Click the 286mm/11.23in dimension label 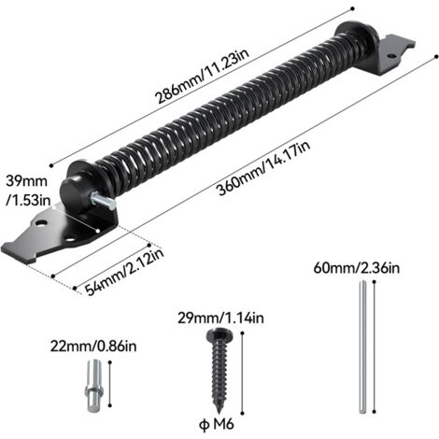(202, 76)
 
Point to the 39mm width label (27, 191)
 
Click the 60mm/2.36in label (357, 268)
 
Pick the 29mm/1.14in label (220, 318)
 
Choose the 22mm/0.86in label (93, 347)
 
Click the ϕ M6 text (217, 424)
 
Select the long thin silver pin (362, 347)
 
